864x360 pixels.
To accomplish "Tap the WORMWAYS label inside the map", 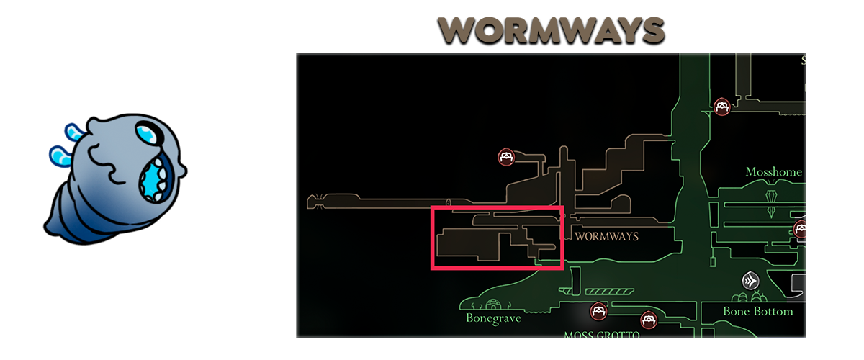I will [606, 236].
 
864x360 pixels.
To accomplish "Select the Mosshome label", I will [773, 173].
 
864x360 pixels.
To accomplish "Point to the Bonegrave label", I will [492, 318].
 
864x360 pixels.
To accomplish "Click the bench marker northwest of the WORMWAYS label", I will [506, 157].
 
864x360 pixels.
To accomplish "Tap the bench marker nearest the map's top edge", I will [722, 107].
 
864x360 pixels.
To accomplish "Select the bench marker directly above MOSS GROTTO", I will [597, 312].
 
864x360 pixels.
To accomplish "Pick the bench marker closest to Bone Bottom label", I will [649, 320].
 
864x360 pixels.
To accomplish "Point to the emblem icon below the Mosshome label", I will [773, 198].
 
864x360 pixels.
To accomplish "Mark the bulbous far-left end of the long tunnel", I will [314, 202].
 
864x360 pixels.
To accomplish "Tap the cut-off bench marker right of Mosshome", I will [800, 230].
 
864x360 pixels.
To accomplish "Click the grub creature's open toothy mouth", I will [152, 180].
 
